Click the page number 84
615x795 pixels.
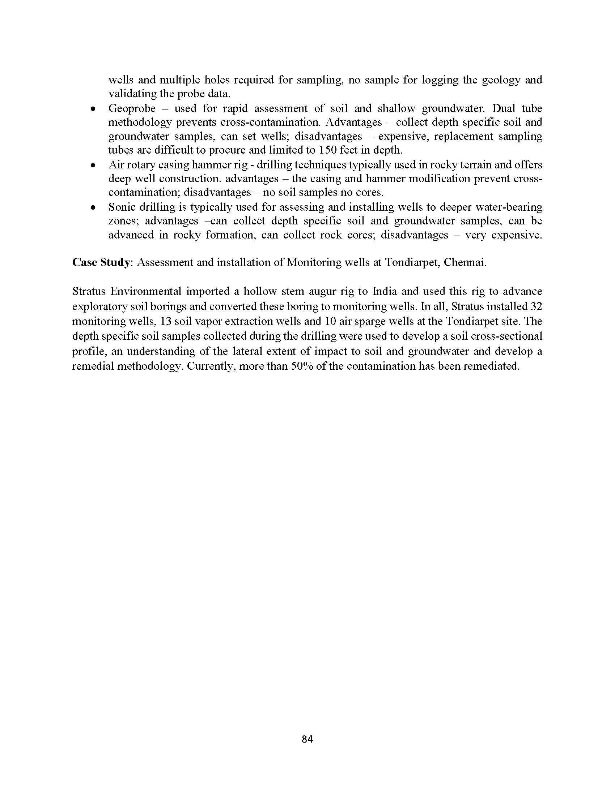tap(307, 739)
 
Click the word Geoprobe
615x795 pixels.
tap(132, 108)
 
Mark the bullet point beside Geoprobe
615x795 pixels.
tap(94, 109)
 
